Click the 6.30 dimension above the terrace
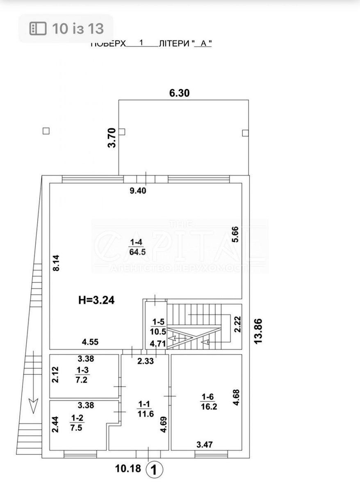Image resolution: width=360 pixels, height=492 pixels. coord(180,93)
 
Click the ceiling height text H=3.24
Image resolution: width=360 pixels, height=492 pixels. coord(96,300)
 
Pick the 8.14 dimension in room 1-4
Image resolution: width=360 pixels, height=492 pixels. coord(57,263)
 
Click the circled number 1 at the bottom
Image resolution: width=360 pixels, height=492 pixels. coord(155,470)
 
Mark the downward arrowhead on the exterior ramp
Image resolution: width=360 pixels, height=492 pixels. coord(33,405)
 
